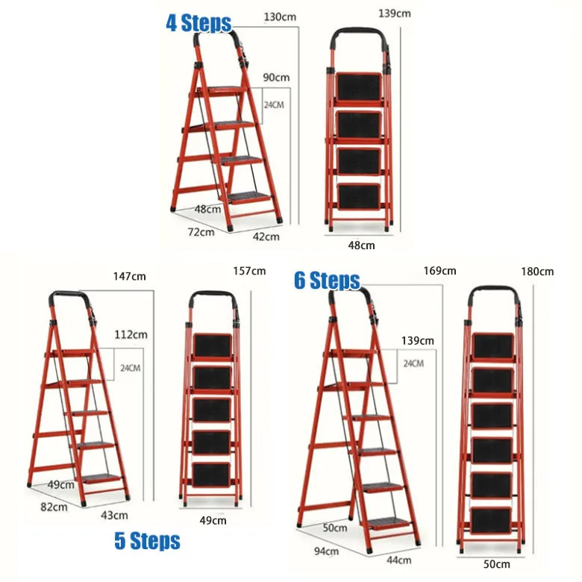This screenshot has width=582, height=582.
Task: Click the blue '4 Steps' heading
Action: (x=198, y=23)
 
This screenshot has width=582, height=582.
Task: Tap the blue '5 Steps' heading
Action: (x=147, y=540)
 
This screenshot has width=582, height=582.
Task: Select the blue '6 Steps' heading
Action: (x=327, y=281)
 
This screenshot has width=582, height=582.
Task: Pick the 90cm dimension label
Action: (x=276, y=78)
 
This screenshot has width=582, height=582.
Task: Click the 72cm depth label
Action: (x=200, y=231)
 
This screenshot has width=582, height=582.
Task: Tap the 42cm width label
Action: (x=266, y=237)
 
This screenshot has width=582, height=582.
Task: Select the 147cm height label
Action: (x=130, y=276)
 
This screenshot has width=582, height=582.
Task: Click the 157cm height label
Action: (x=249, y=270)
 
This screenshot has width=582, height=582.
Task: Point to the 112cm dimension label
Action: (x=130, y=334)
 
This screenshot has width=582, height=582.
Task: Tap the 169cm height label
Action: (x=439, y=271)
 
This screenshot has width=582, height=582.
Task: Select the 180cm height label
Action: (x=538, y=272)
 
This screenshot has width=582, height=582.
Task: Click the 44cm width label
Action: (x=398, y=560)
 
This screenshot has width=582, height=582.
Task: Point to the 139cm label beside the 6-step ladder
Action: (x=417, y=340)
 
